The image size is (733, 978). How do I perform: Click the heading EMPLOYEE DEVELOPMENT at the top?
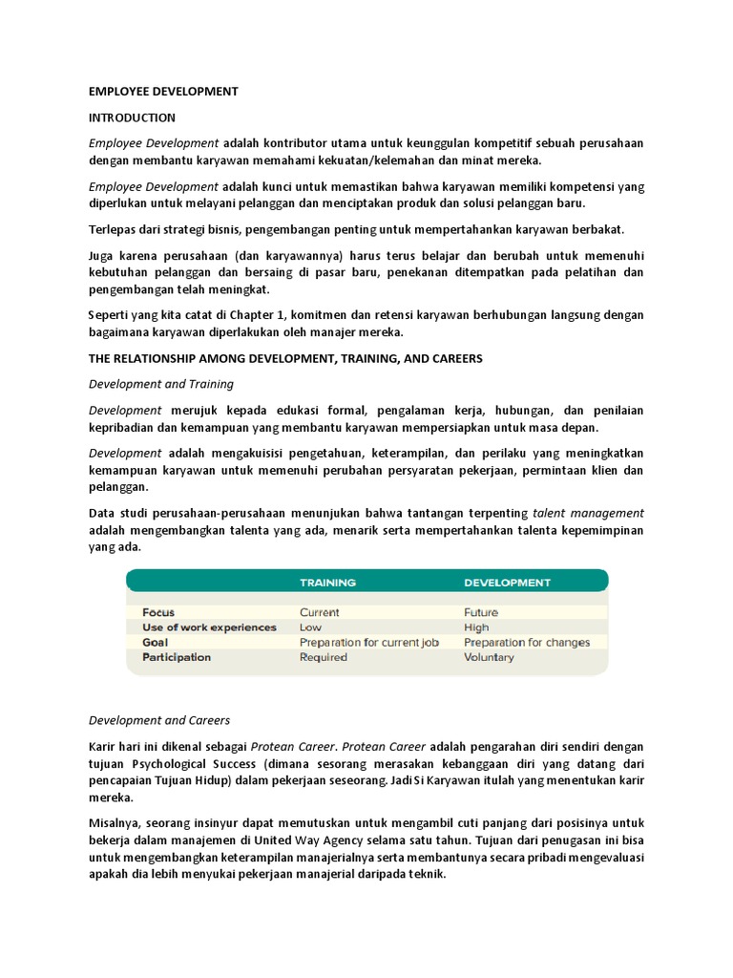163,92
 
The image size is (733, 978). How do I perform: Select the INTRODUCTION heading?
132,117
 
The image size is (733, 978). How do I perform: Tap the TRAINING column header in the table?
327,582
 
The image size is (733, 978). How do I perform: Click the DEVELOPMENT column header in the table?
507,582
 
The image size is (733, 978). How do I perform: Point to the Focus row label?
158,612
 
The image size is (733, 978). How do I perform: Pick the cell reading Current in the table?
319,612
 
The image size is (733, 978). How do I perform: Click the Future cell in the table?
481,612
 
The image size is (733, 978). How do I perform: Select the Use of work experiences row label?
209,627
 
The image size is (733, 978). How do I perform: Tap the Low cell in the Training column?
311,627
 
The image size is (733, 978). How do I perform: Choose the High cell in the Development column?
476,627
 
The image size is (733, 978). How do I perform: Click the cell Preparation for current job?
368,643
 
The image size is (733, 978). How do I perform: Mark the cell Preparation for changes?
527,643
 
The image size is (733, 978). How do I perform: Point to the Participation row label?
177,657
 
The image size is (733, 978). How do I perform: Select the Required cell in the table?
324,657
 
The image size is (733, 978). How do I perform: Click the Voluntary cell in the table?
489,657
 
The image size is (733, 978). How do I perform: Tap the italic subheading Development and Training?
161,384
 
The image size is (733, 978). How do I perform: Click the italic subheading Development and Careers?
159,720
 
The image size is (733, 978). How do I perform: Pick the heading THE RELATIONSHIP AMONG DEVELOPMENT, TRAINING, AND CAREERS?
285,358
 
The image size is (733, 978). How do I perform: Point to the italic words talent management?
588,513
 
